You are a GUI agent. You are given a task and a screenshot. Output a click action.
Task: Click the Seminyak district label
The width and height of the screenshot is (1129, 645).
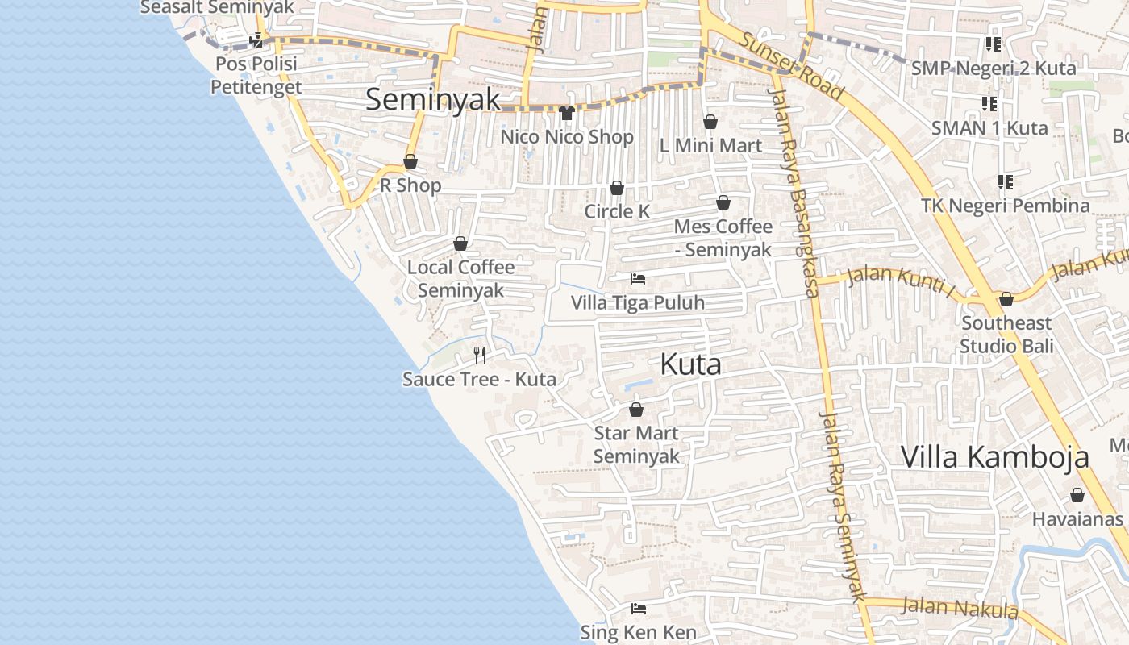click(x=433, y=100)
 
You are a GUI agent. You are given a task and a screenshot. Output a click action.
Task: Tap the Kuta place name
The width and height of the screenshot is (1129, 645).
click(x=690, y=364)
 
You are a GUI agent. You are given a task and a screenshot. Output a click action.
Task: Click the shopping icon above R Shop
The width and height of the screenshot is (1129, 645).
click(x=410, y=162)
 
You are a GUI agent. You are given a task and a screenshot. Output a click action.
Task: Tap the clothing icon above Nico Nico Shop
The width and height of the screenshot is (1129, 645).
click(x=567, y=113)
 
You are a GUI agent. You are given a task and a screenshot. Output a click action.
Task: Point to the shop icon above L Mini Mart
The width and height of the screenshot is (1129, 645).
click(x=710, y=122)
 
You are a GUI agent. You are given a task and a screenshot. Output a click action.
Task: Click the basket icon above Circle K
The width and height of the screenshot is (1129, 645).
click(x=617, y=188)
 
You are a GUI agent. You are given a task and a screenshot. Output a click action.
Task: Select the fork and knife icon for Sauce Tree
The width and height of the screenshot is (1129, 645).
click(x=480, y=355)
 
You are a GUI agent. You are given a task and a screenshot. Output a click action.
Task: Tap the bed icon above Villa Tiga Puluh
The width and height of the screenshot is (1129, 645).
click(x=638, y=279)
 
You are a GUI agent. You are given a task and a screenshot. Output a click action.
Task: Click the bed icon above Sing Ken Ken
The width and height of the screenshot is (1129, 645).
click(x=639, y=608)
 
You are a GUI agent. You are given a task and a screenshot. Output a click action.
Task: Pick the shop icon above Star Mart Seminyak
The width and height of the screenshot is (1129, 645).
click(x=636, y=410)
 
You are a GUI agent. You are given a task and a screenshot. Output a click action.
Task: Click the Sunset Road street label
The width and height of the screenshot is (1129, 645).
click(x=792, y=66)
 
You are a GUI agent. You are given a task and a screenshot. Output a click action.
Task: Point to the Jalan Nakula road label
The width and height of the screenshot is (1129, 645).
click(x=960, y=606)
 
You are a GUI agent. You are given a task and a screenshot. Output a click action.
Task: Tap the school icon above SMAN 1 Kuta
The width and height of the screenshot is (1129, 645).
click(x=989, y=104)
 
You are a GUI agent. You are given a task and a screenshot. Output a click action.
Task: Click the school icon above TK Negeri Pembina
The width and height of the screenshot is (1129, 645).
click(x=1005, y=182)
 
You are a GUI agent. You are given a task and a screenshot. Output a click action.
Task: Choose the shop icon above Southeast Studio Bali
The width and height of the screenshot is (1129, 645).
click(x=1006, y=300)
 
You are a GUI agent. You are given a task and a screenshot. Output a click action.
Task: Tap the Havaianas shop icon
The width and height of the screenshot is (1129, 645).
click(x=1077, y=495)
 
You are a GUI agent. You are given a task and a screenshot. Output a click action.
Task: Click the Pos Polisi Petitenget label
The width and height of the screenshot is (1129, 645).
click(x=256, y=75)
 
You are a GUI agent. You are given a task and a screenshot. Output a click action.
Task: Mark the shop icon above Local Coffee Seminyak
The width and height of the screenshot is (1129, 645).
click(x=460, y=243)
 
